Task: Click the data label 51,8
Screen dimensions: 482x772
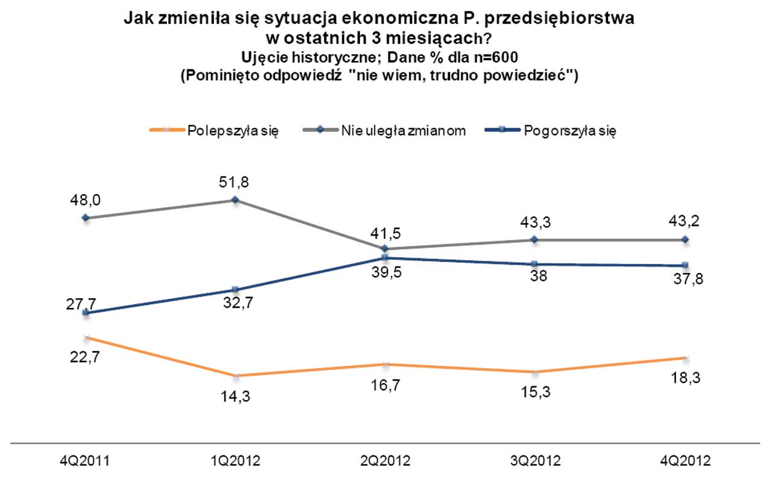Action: pyautogui.click(x=236, y=181)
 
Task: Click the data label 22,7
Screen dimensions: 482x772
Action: pyautogui.click(x=86, y=357)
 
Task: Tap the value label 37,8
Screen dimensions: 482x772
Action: pyautogui.click(x=686, y=280)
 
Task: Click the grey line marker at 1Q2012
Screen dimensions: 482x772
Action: pyautogui.click(x=236, y=200)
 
